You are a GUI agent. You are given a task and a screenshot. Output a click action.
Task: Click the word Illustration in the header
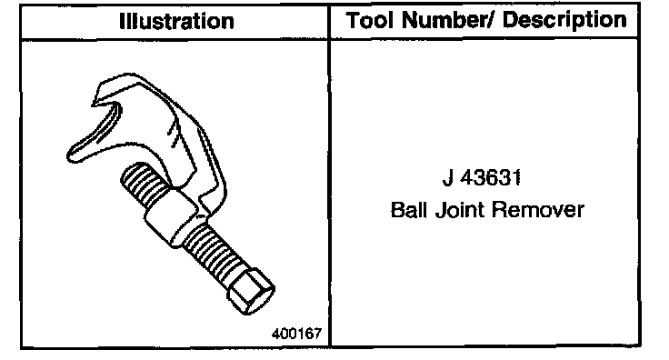pyautogui.click(x=176, y=21)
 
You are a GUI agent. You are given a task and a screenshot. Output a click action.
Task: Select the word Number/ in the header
pyautogui.click(x=448, y=20)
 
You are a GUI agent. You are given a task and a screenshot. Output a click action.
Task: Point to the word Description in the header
pyautogui.click(x=564, y=21)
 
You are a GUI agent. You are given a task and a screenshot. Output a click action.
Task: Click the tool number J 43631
pyautogui.click(x=482, y=177)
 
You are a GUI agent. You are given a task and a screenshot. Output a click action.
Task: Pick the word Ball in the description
pyautogui.click(x=408, y=209)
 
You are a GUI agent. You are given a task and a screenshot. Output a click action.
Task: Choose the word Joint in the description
pyautogui.click(x=459, y=209)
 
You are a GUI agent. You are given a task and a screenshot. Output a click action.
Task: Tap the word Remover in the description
pyautogui.click(x=537, y=209)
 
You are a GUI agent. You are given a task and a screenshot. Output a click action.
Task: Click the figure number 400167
pyautogui.click(x=296, y=333)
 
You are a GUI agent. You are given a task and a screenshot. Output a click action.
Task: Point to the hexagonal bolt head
pyautogui.click(x=251, y=292)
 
